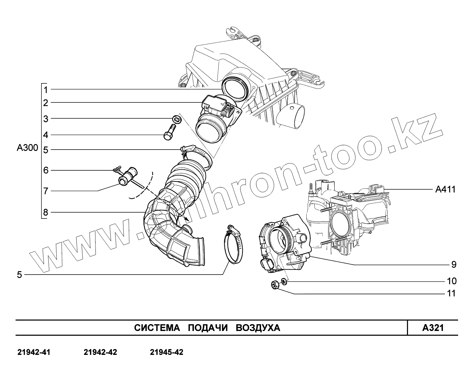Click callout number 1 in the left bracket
click(45, 90)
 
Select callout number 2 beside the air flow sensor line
click(45, 103)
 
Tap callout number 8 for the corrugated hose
click(45, 212)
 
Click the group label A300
click(27, 148)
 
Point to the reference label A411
click(445, 189)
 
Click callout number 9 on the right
click(454, 265)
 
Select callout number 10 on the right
click(452, 281)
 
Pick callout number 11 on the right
click(452, 294)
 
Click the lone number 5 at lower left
click(19, 275)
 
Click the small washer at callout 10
click(284, 281)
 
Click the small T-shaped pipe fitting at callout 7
click(128, 176)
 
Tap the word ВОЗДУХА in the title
click(258, 328)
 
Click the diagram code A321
click(433, 328)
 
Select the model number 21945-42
click(167, 352)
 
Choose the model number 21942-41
click(34, 352)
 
